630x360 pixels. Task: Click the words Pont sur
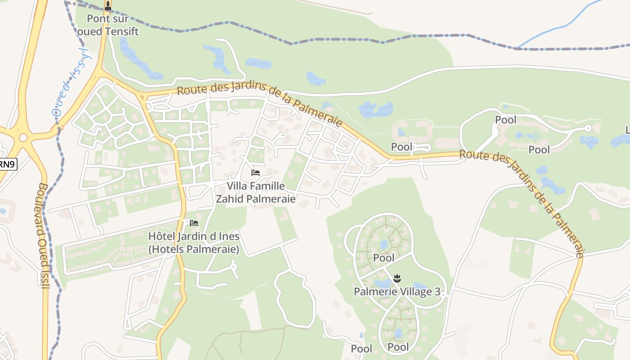pyautogui.click(x=108, y=19)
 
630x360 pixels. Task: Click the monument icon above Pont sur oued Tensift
pyautogui.click(x=108, y=6)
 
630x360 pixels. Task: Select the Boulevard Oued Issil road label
pyautogui.click(x=43, y=236)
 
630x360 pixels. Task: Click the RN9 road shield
pyautogui.click(x=7, y=164)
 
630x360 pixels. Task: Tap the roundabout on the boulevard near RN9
pyautogui.click(x=23, y=138)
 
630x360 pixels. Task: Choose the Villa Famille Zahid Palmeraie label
pyautogui.click(x=256, y=193)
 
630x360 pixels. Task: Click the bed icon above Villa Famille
pyautogui.click(x=256, y=173)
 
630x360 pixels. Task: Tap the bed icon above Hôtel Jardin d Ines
pyautogui.click(x=194, y=223)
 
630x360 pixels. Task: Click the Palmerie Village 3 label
pyautogui.click(x=397, y=292)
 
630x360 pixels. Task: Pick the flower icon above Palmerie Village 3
pyautogui.click(x=397, y=279)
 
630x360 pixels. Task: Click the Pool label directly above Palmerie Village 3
pyautogui.click(x=384, y=258)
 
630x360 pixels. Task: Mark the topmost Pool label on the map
pyautogui.click(x=506, y=120)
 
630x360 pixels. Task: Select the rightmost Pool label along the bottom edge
pyautogui.click(x=398, y=347)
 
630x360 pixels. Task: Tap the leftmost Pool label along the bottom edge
pyautogui.click(x=361, y=349)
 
